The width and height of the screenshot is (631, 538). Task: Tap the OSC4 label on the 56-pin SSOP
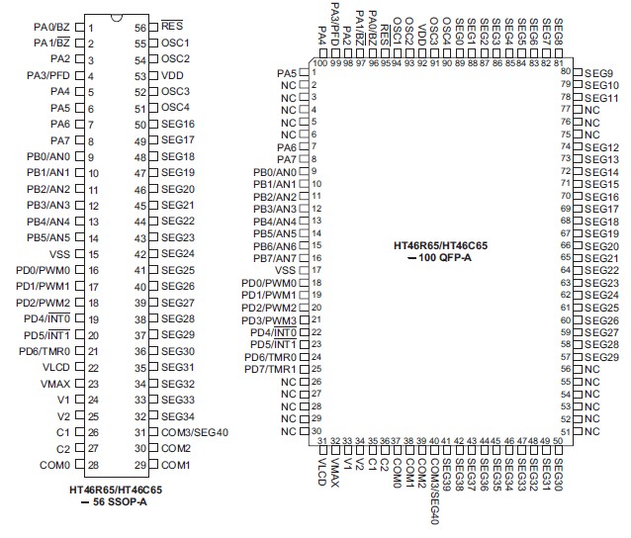[176, 107]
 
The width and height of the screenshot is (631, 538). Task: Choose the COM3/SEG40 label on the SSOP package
[195, 432]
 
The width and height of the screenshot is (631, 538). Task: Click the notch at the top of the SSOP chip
[116, 21]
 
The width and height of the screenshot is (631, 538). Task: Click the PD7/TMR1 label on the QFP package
[269, 369]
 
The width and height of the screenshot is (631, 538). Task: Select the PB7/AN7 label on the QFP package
[273, 257]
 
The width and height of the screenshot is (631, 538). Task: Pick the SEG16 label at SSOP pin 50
[178, 124]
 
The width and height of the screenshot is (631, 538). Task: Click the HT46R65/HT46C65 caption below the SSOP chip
[117, 489]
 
